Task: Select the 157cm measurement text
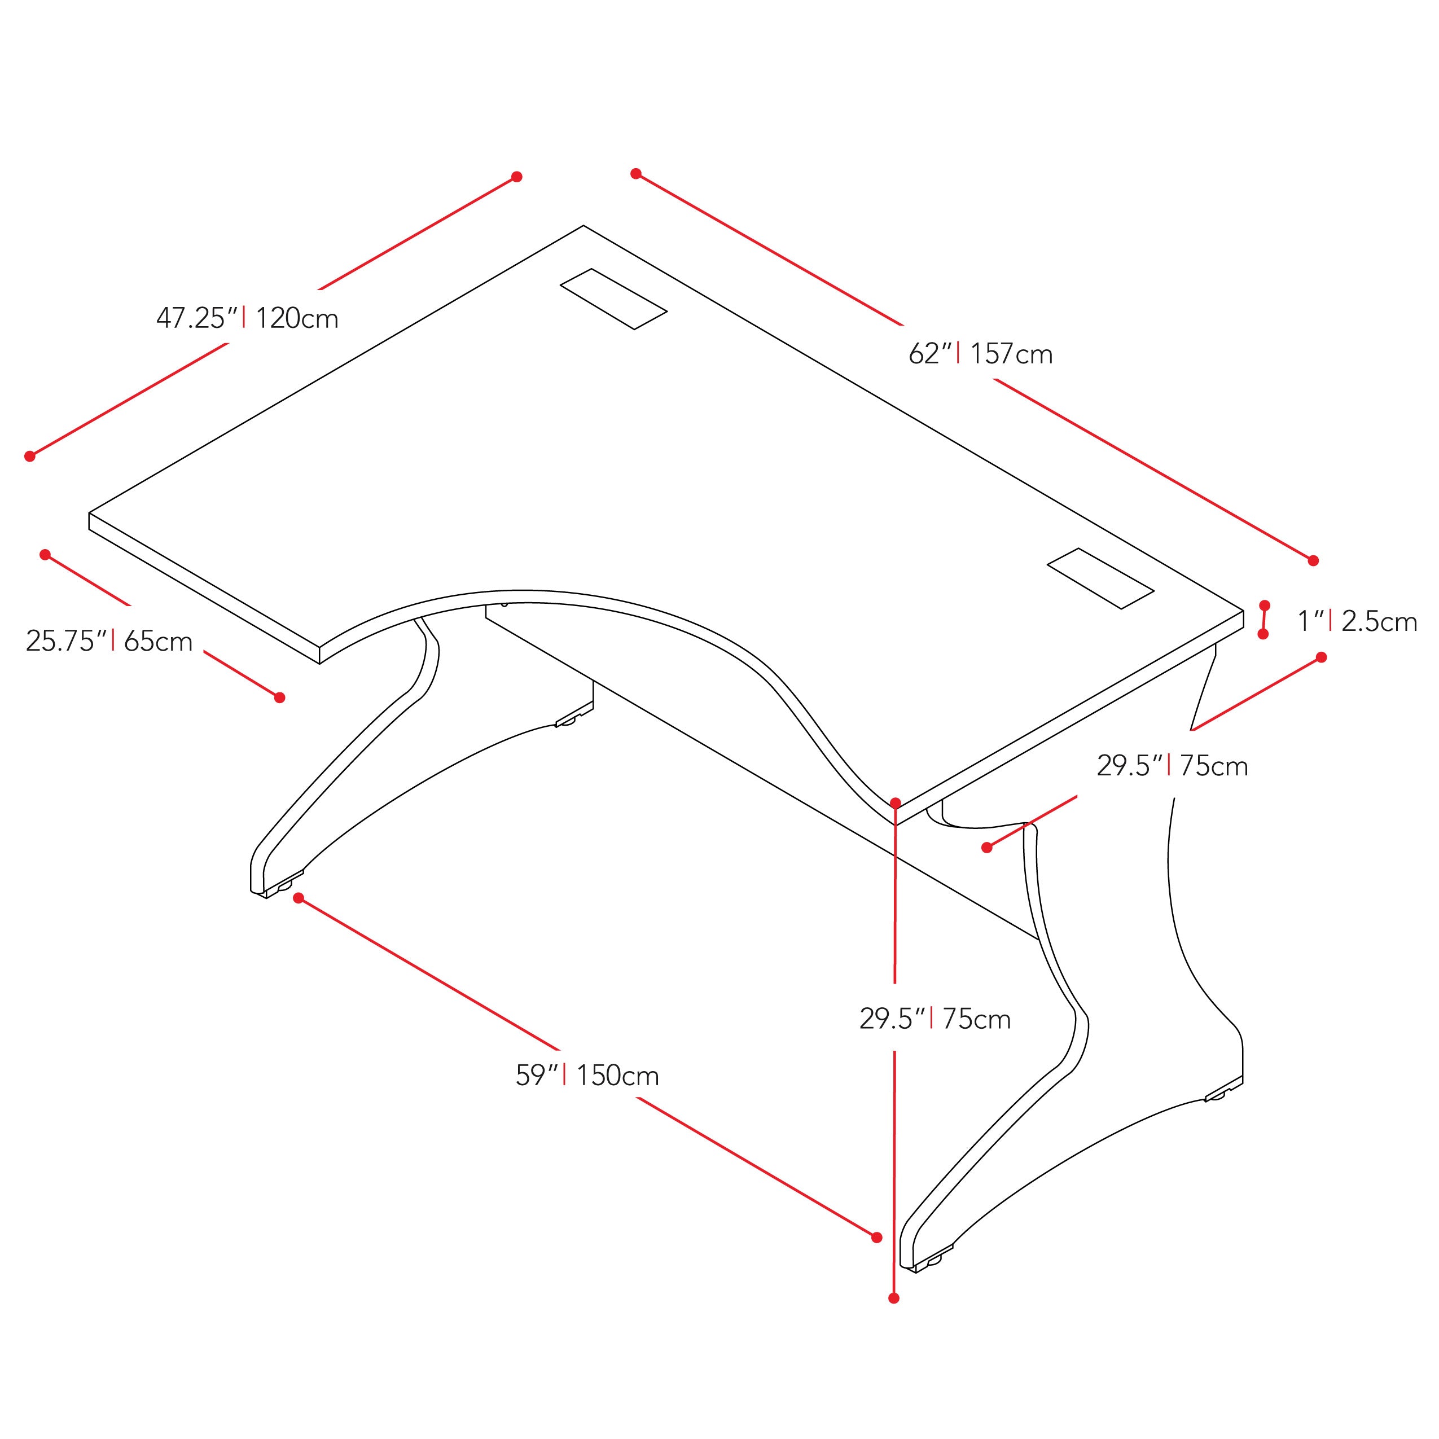[x=1011, y=354]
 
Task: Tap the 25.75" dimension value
[x=66, y=640]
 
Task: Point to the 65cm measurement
[x=158, y=640]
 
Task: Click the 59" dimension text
[x=536, y=1076]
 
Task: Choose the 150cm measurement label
[x=617, y=1076]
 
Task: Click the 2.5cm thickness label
[x=1379, y=621]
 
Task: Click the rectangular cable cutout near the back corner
[x=613, y=299]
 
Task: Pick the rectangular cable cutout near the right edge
[x=1100, y=579]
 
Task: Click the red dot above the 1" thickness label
[x=1264, y=605]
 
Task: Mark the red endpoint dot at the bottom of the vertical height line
[x=894, y=1298]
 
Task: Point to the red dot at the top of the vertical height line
[x=895, y=803]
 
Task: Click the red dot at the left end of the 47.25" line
[x=30, y=456]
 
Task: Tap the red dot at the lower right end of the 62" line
[x=1313, y=560]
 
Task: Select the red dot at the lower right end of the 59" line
[x=876, y=1237]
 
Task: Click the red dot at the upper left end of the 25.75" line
[x=45, y=554]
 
